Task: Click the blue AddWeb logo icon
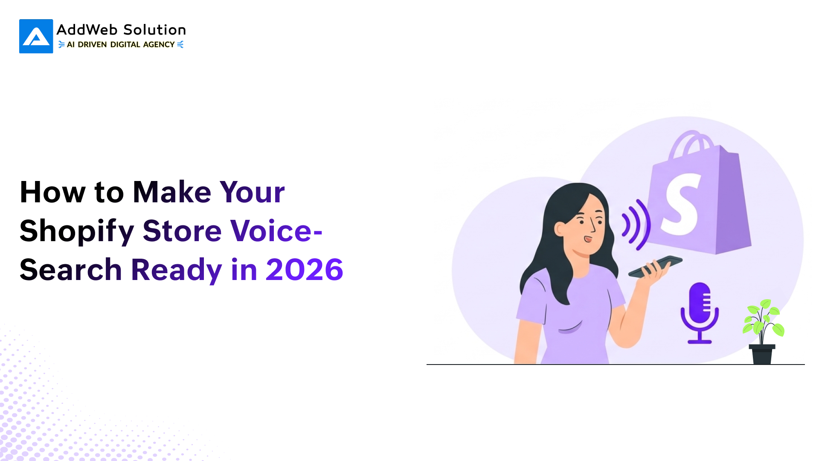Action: tap(36, 36)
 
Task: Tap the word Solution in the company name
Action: tap(154, 30)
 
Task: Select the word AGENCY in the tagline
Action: tap(159, 44)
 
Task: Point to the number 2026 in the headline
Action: tap(305, 270)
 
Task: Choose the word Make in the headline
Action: tap(172, 192)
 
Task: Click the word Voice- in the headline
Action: tap(276, 230)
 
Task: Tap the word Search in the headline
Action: tap(71, 270)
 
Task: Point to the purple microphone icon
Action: tap(700, 312)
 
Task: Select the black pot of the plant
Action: tap(762, 354)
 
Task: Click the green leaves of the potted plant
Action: tap(764, 318)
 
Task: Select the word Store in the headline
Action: tap(182, 230)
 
